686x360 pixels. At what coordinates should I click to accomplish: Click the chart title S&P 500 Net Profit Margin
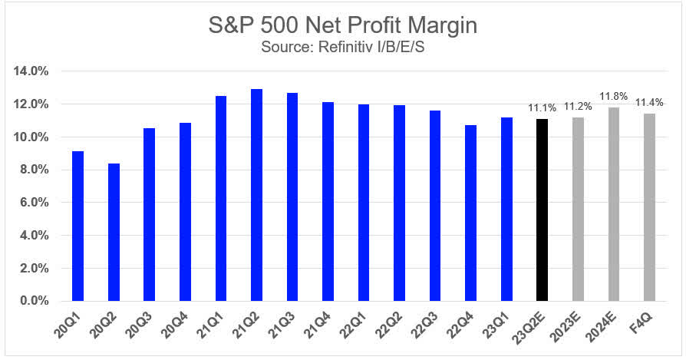click(342, 25)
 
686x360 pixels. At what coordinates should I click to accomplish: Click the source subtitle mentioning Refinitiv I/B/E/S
click(342, 47)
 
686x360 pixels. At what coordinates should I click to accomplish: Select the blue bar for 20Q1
click(78, 226)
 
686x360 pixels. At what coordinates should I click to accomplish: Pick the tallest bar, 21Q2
click(256, 195)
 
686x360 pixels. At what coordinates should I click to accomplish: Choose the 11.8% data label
click(614, 97)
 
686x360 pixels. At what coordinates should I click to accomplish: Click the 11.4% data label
click(649, 103)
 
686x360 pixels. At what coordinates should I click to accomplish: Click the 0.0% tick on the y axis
click(34, 301)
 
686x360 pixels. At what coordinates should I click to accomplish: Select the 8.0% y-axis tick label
click(34, 170)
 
